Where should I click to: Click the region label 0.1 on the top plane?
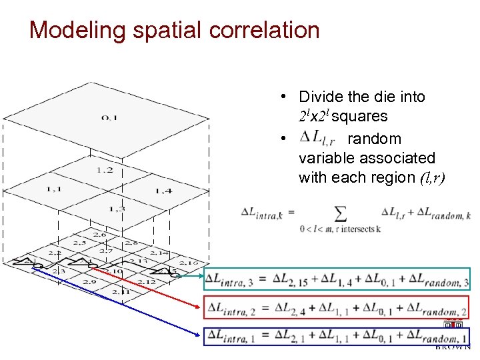click(109, 118)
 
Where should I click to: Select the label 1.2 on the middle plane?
click(105, 170)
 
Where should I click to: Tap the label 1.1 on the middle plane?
click(54, 189)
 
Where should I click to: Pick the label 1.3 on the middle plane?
click(117, 209)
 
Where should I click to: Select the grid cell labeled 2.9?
click(89, 281)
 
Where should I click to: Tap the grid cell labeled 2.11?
click(121, 291)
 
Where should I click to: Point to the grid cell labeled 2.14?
click(159, 253)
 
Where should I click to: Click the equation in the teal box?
click(337, 280)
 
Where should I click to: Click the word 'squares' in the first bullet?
click(359, 117)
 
